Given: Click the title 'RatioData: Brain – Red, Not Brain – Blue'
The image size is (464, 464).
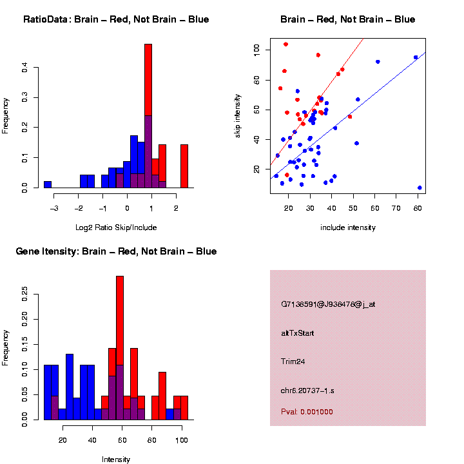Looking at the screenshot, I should [x=116, y=19].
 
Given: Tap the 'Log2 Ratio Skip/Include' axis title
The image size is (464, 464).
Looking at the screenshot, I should [x=116, y=227].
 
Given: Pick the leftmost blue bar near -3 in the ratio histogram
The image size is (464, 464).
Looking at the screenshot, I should [x=48, y=184].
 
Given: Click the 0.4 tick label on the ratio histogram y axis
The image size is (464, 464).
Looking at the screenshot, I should [x=25, y=67].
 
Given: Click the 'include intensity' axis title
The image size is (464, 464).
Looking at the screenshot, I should [x=348, y=227].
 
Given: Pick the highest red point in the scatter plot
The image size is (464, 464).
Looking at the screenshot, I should [x=285, y=44].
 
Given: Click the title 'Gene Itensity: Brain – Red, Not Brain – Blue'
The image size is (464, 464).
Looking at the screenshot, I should [x=117, y=251].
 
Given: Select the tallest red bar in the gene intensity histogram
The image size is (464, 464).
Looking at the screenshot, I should [x=119, y=348].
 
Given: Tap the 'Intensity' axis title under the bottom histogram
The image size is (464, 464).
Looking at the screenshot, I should [x=116, y=459].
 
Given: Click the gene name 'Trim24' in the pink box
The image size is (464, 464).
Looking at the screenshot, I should [x=293, y=362].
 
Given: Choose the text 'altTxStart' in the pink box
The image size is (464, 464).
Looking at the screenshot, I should [x=298, y=333].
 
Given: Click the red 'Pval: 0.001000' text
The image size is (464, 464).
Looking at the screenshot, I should [x=307, y=412].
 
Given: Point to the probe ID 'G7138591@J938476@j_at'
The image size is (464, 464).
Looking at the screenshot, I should [x=328, y=304].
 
